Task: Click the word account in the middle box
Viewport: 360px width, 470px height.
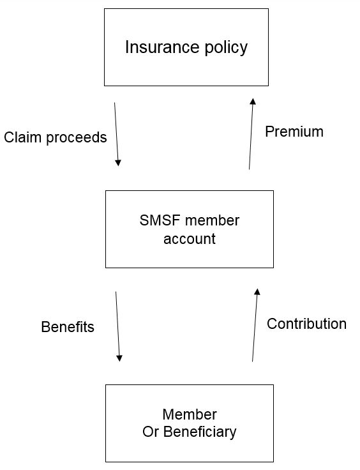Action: pyautogui.click(x=190, y=239)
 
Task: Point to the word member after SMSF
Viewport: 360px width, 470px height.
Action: pyautogui.click(x=212, y=220)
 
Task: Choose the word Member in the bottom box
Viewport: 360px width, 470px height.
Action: pyautogui.click(x=190, y=414)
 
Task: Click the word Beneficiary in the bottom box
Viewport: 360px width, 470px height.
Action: pyautogui.click(x=200, y=432)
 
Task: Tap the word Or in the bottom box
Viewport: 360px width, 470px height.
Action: pyautogui.click(x=151, y=432)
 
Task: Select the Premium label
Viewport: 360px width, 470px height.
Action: pyautogui.click(x=294, y=132)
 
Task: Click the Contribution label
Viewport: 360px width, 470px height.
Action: pyautogui.click(x=306, y=324)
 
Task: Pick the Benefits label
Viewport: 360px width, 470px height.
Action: pyautogui.click(x=68, y=327)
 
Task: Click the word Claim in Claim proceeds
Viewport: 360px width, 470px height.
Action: pyautogui.click(x=22, y=137)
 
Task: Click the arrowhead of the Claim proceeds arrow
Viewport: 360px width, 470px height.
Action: pyautogui.click(x=118, y=163)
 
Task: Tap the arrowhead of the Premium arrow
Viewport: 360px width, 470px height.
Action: pyautogui.click(x=253, y=102)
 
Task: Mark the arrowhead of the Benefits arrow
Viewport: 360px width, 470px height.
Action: pyautogui.click(x=119, y=358)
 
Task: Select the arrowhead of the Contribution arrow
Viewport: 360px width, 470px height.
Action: pyautogui.click(x=257, y=292)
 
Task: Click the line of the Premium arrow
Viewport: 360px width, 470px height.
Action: pyautogui.click(x=251, y=133)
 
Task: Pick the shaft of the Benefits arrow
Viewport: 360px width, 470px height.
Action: pyautogui.click(x=117, y=326)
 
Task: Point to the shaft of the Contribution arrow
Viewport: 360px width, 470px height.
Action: pyautogui.click(x=255, y=325)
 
